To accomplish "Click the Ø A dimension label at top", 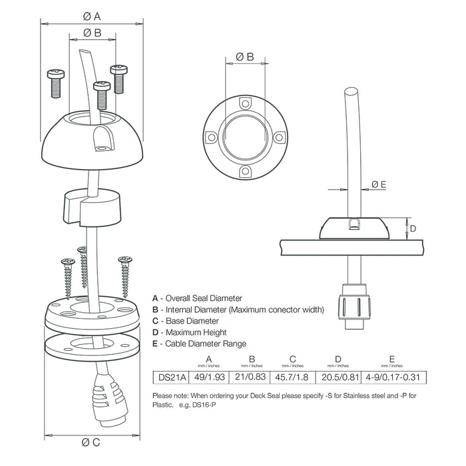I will point(93,15).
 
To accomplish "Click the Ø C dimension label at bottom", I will point(93,442).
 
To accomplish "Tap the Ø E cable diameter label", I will point(379,184).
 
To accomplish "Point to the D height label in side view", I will point(413,228).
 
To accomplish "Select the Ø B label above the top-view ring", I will point(245,57).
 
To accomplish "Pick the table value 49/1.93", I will point(208,377).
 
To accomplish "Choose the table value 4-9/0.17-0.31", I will point(393,377).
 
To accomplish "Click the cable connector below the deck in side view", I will point(351,305).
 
